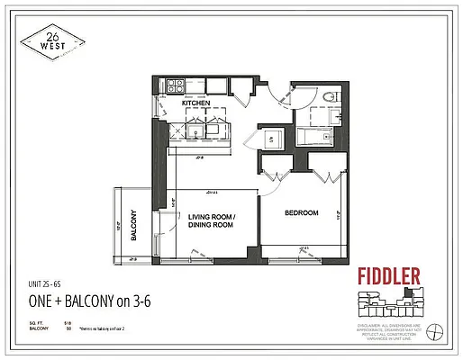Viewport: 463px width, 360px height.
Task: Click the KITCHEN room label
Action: coord(195,103)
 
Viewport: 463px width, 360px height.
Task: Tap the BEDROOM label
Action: coord(303,212)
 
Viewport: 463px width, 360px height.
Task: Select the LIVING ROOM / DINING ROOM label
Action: coord(210,220)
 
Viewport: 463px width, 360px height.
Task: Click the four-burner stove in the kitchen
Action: coord(174,86)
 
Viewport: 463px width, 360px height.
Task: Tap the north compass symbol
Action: coord(437,329)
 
